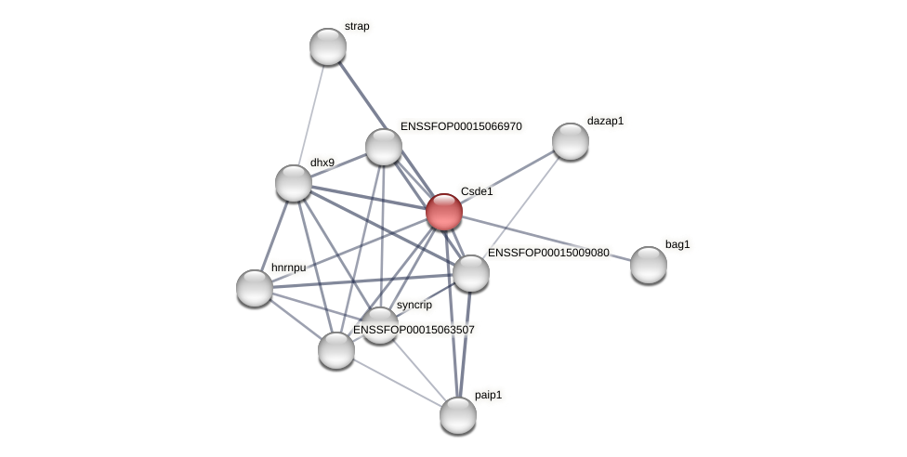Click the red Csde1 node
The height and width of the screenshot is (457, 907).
(444, 212)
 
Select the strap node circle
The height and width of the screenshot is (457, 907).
(328, 46)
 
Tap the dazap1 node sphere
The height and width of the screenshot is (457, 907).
(571, 141)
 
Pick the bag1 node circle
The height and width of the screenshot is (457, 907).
(649, 265)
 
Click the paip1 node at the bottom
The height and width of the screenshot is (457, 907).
(458, 415)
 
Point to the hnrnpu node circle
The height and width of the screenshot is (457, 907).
(255, 288)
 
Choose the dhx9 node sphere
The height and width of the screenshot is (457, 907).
(294, 183)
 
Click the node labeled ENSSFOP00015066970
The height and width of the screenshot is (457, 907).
(384, 147)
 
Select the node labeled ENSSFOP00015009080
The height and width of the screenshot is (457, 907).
(471, 273)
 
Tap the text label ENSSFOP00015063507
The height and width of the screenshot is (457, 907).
(414, 330)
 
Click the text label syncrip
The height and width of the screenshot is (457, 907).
(414, 305)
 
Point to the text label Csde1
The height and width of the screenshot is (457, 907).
(477, 191)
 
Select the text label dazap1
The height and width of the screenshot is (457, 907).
(605, 121)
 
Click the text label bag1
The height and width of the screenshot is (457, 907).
(677, 244)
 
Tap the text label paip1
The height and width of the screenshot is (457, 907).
(488, 395)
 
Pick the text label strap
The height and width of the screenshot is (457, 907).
(357, 26)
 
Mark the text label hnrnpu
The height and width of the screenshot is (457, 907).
(288, 268)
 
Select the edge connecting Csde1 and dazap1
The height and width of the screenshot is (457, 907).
(507, 176)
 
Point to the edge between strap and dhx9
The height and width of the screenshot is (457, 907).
(311, 113)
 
